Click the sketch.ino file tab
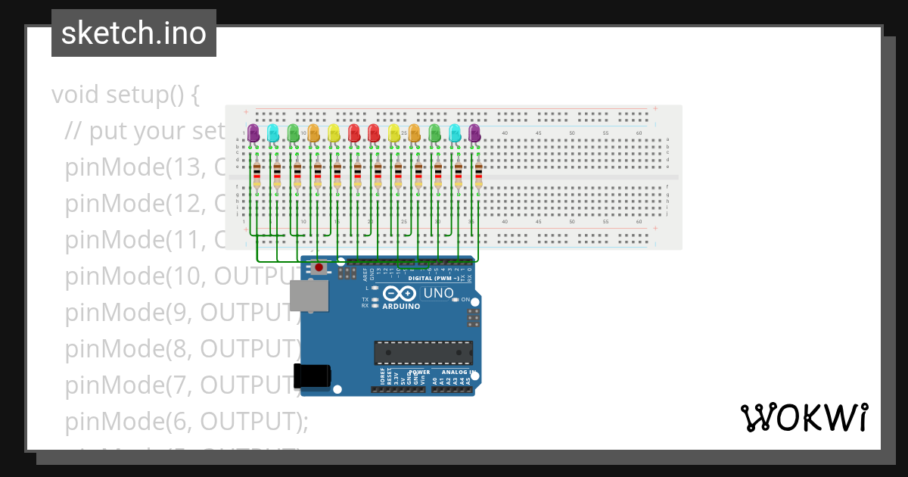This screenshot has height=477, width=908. tap(134, 33)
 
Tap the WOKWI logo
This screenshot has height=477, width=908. tap(804, 418)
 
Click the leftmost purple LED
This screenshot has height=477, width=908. tap(253, 133)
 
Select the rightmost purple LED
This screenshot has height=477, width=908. tap(474, 133)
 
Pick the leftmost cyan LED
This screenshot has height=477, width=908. tap(273, 133)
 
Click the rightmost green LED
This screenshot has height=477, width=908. tap(434, 133)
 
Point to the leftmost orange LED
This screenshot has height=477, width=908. tap(314, 133)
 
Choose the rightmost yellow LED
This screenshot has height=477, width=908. tap(394, 133)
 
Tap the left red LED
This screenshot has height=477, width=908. tap(354, 133)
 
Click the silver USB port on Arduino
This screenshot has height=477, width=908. tap(310, 295)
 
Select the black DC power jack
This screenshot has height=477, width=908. tap(312, 376)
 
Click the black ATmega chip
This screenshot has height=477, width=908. tap(423, 353)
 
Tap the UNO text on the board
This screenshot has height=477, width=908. tap(439, 294)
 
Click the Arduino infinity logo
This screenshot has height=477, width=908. tap(399, 294)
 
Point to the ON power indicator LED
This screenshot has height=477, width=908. tap(456, 300)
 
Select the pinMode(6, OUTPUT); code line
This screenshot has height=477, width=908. tap(187, 421)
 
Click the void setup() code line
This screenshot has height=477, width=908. tap(126, 95)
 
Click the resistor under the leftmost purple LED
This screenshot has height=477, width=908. tap(257, 176)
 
